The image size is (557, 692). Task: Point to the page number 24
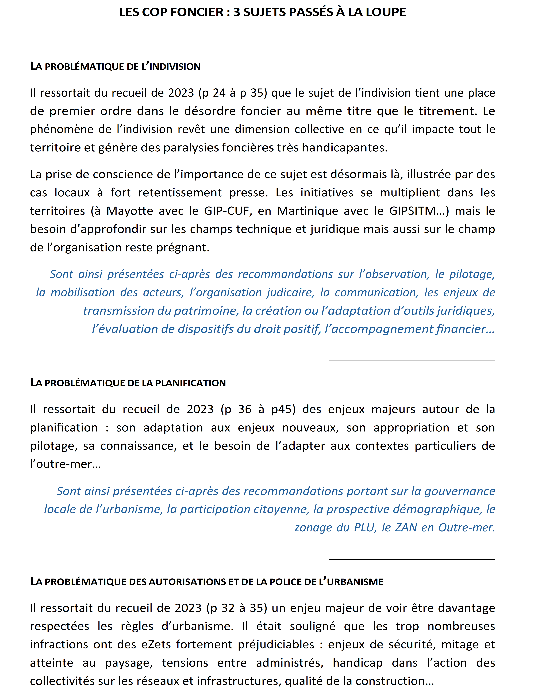coord(219,93)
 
